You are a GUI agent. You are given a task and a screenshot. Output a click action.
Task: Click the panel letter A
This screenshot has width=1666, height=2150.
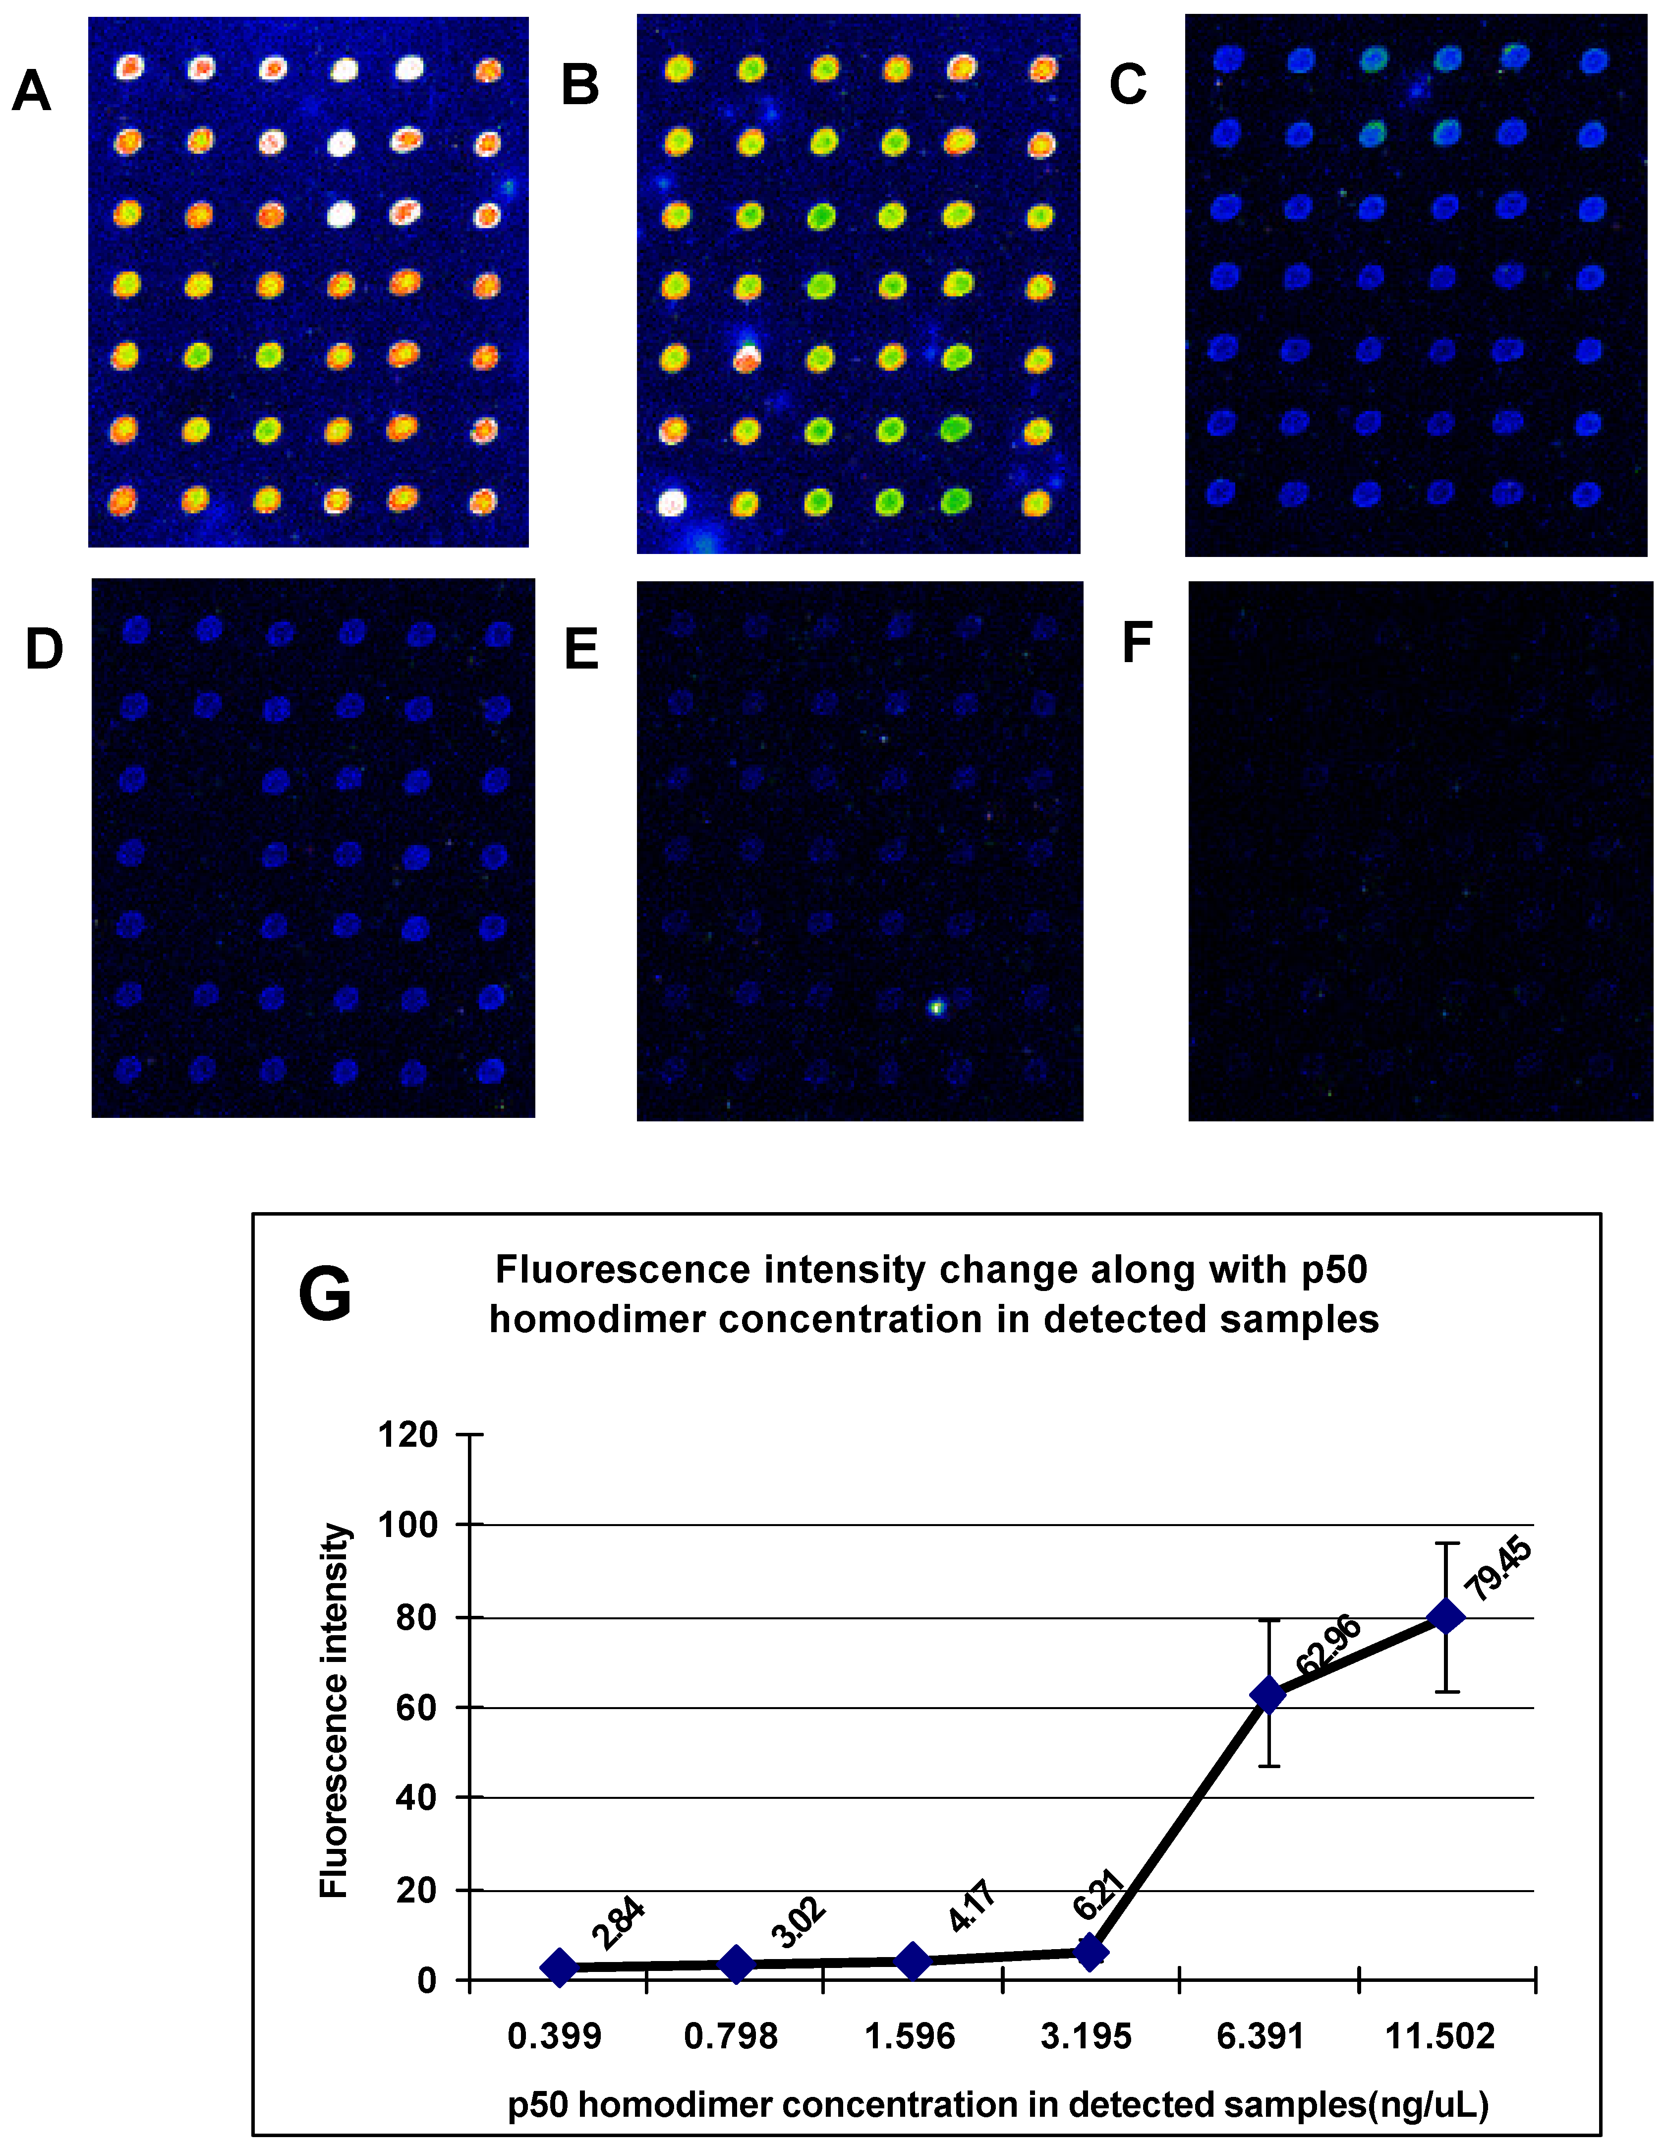pos(32,92)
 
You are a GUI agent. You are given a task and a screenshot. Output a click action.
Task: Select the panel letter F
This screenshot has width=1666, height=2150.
pos(1138,644)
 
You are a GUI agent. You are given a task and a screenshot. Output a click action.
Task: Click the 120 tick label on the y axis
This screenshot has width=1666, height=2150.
pos(407,1434)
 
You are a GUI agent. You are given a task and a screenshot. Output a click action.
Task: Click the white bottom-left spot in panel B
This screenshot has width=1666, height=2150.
pos(671,503)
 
